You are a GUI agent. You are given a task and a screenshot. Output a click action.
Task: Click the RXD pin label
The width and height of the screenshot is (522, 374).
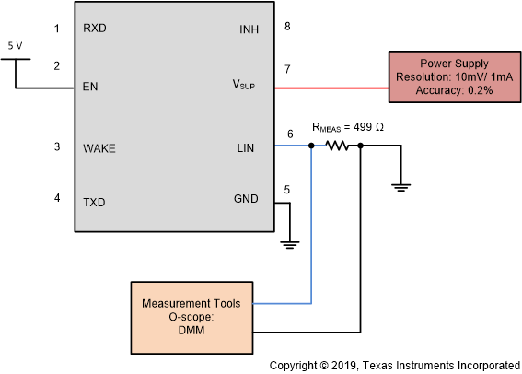[94, 29]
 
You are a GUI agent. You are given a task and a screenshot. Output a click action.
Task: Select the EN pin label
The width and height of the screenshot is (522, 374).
[90, 88]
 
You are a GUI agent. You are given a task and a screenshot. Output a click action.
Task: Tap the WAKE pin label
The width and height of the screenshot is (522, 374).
[99, 147]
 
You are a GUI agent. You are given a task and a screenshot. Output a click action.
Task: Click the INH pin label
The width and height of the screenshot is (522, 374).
[249, 29]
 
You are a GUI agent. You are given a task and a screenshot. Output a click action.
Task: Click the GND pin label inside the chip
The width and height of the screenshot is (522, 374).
[246, 198]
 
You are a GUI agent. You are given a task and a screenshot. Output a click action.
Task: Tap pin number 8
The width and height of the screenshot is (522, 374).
[287, 26]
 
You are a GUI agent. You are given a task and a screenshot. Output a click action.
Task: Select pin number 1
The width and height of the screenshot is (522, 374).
[56, 29]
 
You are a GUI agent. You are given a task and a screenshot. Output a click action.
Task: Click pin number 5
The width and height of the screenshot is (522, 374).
[287, 190]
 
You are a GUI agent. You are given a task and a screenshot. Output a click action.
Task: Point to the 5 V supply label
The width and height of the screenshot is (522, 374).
[15, 44]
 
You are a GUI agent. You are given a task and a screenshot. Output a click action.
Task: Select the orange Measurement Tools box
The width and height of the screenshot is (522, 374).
[191, 317]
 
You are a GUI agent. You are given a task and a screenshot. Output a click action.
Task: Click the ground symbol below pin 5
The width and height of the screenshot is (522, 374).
[289, 243]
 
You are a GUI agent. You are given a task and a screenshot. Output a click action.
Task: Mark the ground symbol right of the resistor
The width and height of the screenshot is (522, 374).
[400, 187]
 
